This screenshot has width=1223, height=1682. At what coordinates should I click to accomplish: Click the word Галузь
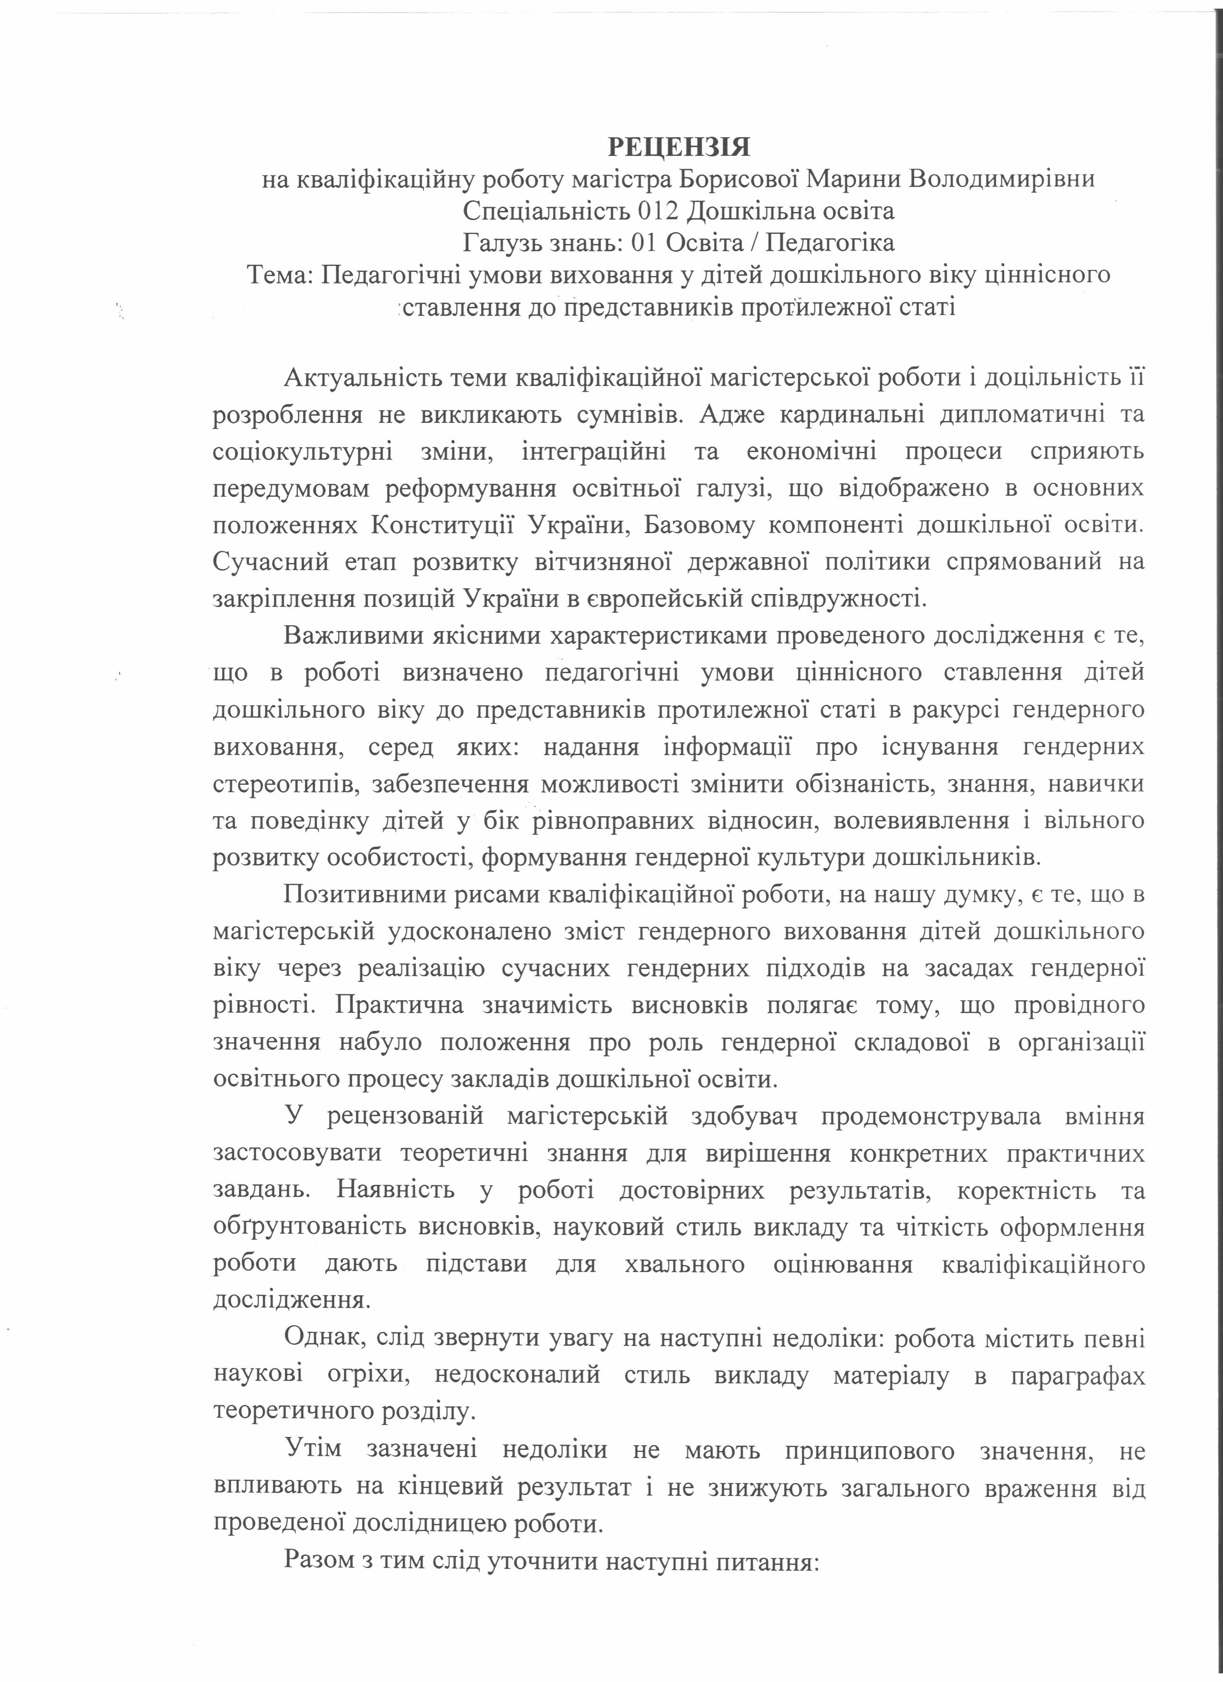click(x=502, y=243)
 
